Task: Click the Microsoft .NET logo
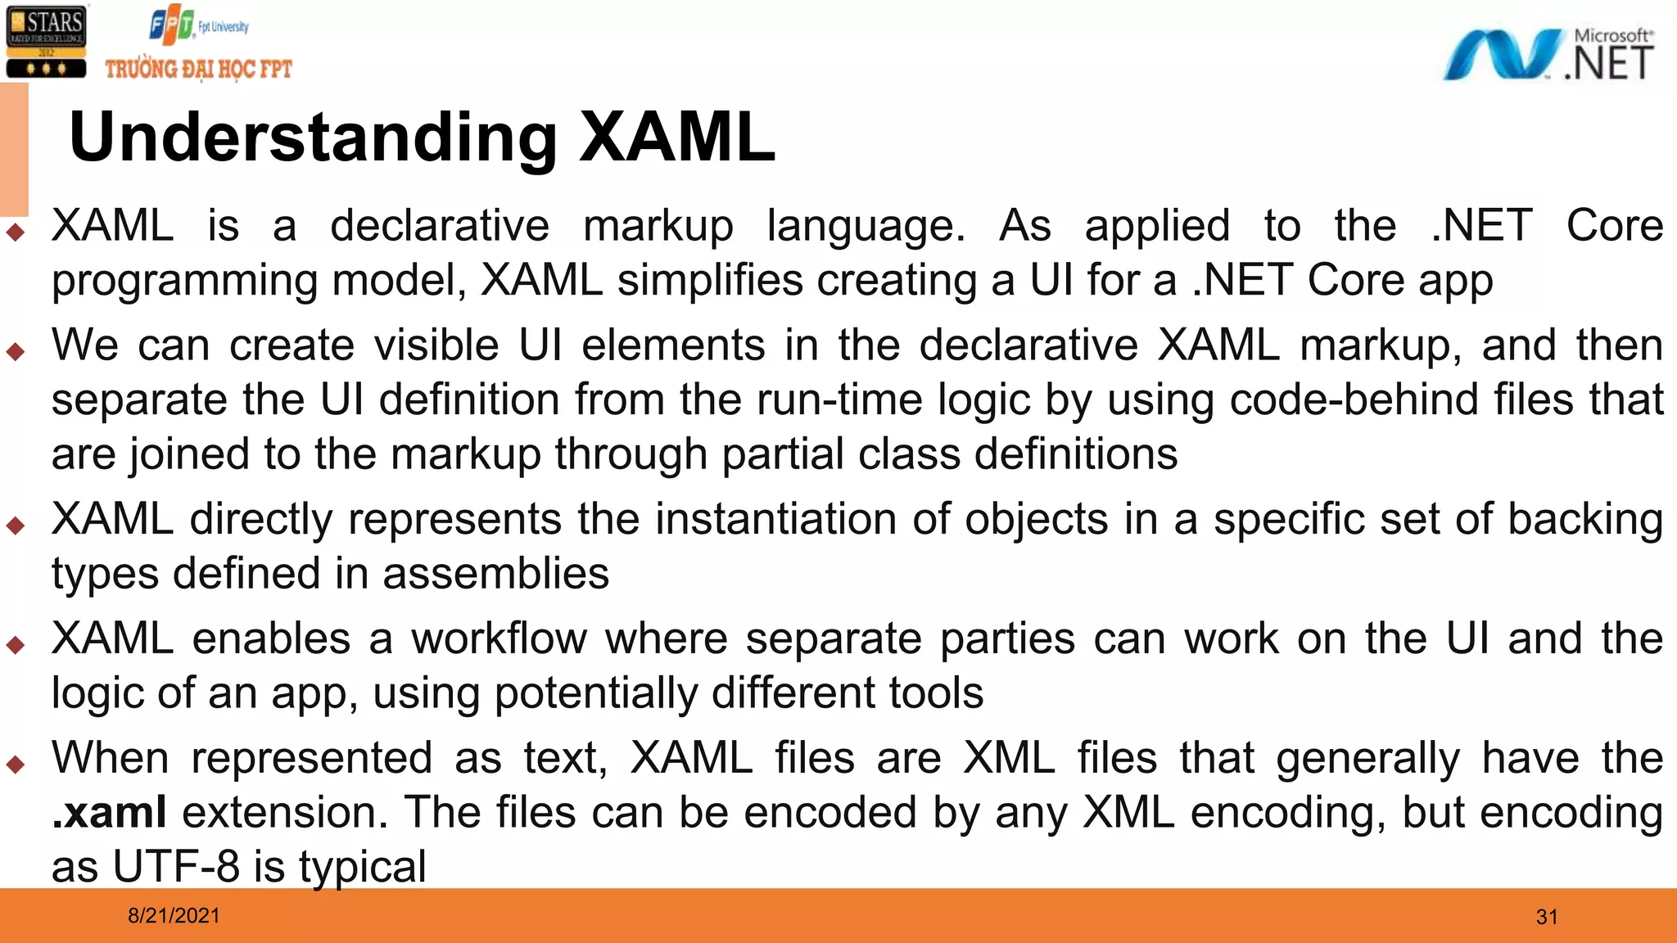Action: click(x=1548, y=54)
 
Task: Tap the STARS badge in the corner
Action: click(x=46, y=42)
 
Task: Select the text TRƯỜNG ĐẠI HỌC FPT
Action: click(x=198, y=69)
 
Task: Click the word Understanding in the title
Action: click(x=314, y=137)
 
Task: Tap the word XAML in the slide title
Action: click(x=677, y=137)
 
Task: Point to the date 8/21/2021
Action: click(x=174, y=915)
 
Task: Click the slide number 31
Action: click(x=1547, y=917)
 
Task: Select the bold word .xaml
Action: click(x=109, y=812)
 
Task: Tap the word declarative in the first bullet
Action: click(x=440, y=226)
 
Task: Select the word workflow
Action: click(x=499, y=638)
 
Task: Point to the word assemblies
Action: click(x=496, y=573)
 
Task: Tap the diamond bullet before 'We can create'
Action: click(x=16, y=352)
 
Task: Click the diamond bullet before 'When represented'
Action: click(x=16, y=765)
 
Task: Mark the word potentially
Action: click(x=595, y=693)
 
